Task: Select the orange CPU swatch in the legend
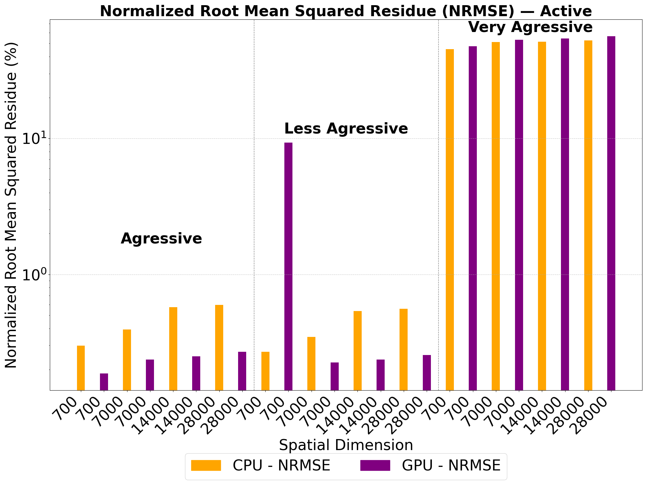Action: pyautogui.click(x=206, y=466)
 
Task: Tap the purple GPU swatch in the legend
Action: pyautogui.click(x=375, y=466)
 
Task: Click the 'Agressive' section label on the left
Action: pyautogui.click(x=161, y=239)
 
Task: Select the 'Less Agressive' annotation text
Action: pyautogui.click(x=346, y=129)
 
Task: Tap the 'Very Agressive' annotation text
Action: pyautogui.click(x=530, y=27)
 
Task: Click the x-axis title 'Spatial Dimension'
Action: pyautogui.click(x=346, y=445)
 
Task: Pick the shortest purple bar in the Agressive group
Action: pyautogui.click(x=104, y=382)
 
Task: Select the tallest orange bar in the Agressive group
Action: pyautogui.click(x=219, y=347)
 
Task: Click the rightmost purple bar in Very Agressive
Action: pyautogui.click(x=611, y=213)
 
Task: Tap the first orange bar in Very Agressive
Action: pyautogui.click(x=450, y=220)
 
